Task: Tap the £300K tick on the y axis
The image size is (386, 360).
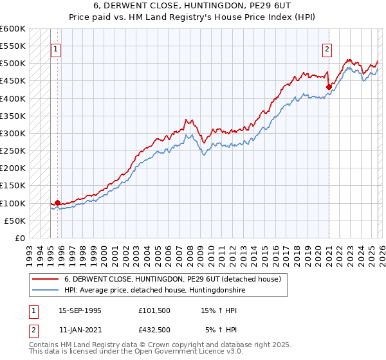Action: tap(13, 133)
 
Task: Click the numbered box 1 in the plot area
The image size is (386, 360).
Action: tap(56, 49)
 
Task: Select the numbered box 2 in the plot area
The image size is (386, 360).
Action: tap(327, 49)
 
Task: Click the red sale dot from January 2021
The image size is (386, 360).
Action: tap(329, 87)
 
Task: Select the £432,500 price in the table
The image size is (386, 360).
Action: tap(154, 330)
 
